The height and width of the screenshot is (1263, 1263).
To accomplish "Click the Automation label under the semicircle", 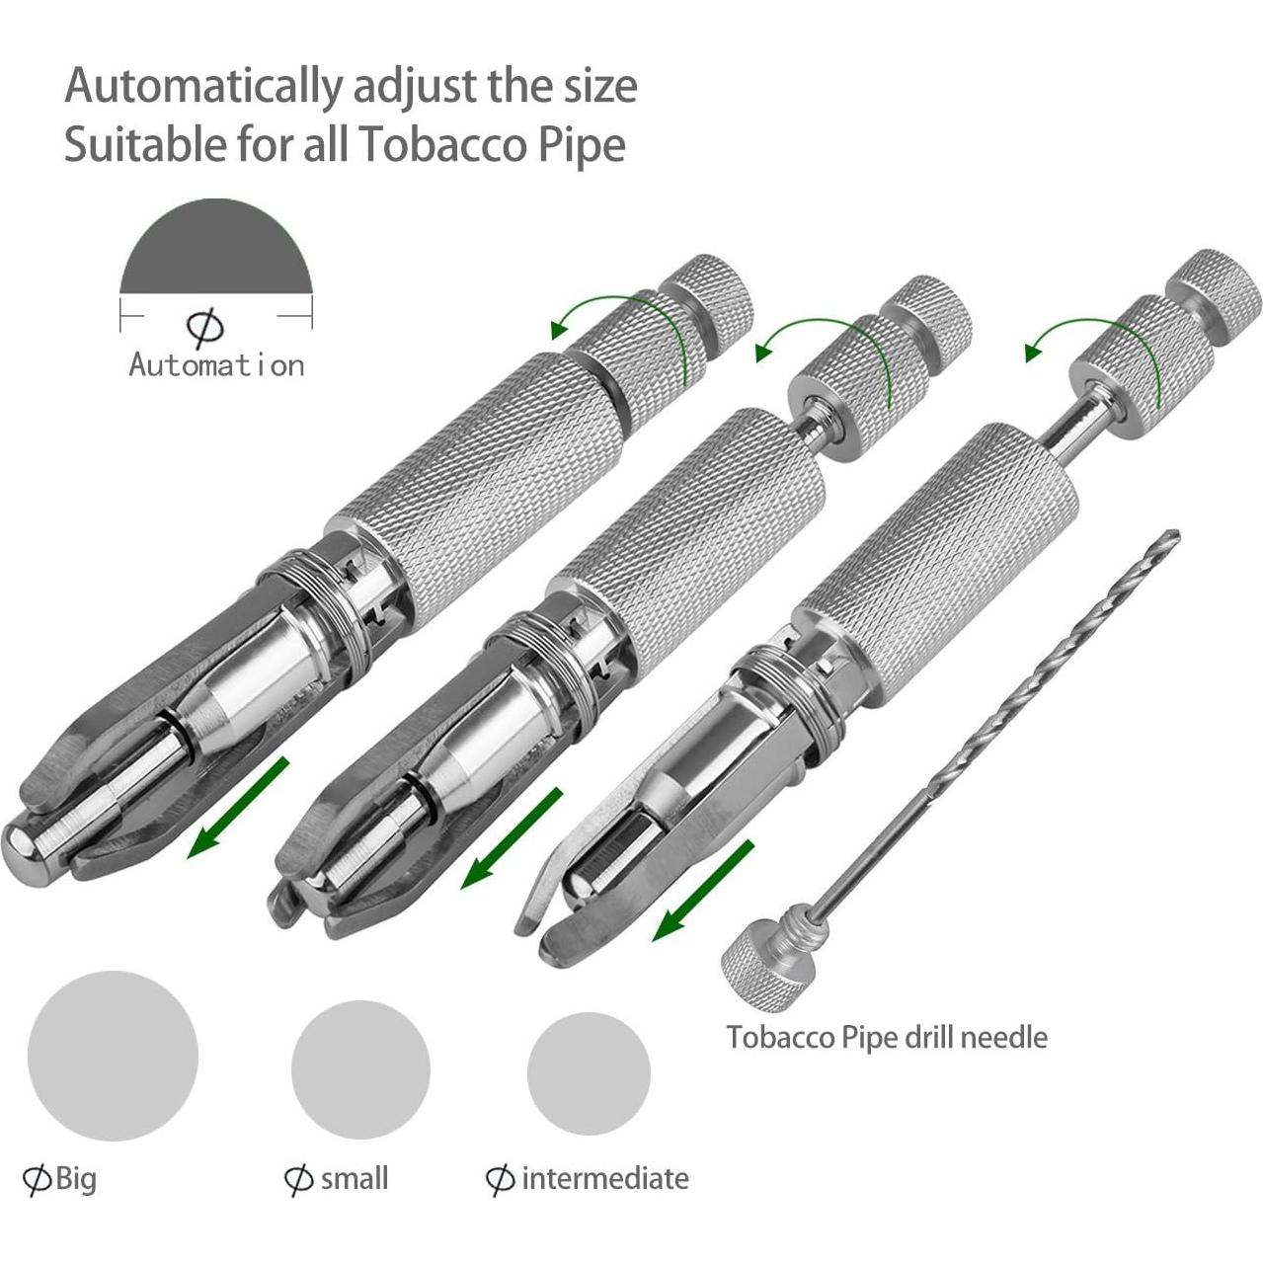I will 216,365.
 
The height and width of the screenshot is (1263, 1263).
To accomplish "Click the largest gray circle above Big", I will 113,1056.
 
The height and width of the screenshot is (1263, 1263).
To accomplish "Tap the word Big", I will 76,1178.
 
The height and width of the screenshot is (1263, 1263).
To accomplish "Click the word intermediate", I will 604,1178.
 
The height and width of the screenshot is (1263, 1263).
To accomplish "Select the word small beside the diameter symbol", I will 354,1178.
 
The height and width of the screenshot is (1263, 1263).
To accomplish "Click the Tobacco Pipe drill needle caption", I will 886,1037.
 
